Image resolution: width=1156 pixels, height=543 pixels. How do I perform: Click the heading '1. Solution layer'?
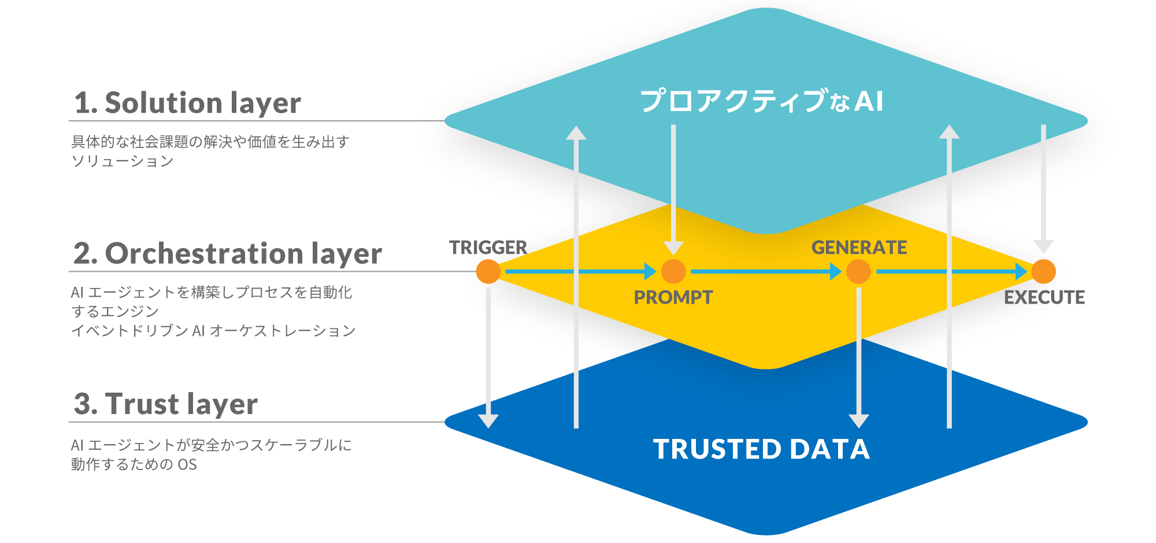[x=187, y=103]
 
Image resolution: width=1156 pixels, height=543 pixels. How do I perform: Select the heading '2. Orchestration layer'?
[x=227, y=254]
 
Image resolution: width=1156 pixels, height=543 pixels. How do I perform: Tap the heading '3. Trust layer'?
[x=166, y=404]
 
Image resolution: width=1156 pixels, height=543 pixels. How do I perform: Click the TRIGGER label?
[x=488, y=248]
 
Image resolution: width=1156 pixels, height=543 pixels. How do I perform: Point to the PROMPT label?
[x=673, y=297]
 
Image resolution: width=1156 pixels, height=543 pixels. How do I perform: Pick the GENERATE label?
[x=859, y=248]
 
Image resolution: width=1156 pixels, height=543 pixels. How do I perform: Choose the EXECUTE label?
[x=1044, y=297]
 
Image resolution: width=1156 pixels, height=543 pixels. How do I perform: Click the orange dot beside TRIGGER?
[x=488, y=271]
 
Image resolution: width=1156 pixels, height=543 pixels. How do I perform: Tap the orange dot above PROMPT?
[x=673, y=271]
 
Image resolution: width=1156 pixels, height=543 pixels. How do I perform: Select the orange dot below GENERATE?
[x=858, y=271]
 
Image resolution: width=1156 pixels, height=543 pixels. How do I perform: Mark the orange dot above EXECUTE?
[x=1043, y=271]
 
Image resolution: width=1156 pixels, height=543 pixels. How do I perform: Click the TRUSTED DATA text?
[x=761, y=449]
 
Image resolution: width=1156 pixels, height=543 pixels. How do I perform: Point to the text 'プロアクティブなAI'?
[x=761, y=101]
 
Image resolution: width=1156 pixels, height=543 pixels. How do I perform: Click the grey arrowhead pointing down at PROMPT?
[x=673, y=248]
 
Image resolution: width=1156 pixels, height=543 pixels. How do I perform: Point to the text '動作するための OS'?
[x=134, y=464]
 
